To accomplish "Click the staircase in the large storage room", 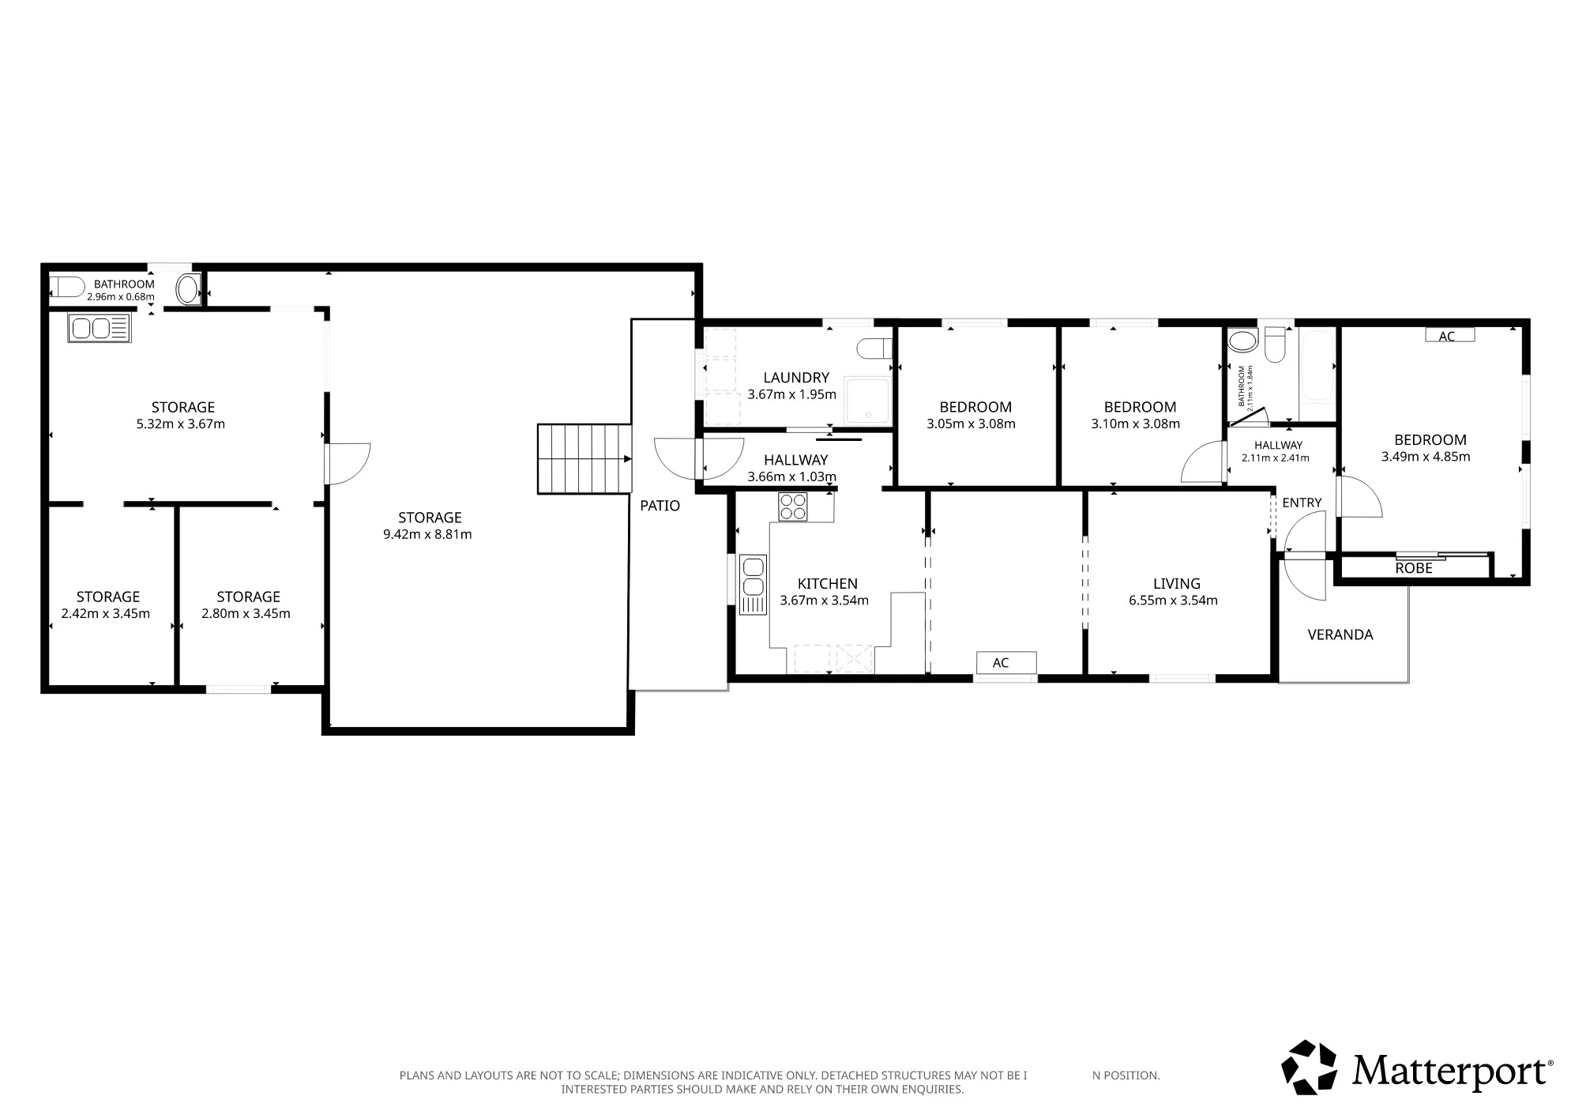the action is (x=584, y=459).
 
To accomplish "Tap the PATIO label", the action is (x=660, y=506).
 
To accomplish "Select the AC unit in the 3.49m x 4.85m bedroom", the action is (x=1449, y=336).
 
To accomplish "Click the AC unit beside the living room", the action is (x=1005, y=662).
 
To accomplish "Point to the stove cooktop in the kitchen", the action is (x=793, y=507).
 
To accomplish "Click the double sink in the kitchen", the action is (x=753, y=585).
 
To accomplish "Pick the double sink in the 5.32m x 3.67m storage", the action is (x=100, y=328).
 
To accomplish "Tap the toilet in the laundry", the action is (x=876, y=348).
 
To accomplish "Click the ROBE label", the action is (x=1413, y=568).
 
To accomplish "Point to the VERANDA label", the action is (x=1340, y=635).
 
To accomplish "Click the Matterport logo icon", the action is (x=1309, y=1067).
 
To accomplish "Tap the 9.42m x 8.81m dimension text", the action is (x=427, y=534).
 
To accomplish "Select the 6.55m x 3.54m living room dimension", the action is (x=1173, y=601).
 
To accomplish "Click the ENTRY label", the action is (x=1302, y=503).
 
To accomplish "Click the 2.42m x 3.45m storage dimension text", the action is (x=105, y=614).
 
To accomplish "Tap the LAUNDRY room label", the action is (x=795, y=378).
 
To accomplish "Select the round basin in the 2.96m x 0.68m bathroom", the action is (x=187, y=289).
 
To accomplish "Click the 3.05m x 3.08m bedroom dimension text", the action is (x=971, y=424).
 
